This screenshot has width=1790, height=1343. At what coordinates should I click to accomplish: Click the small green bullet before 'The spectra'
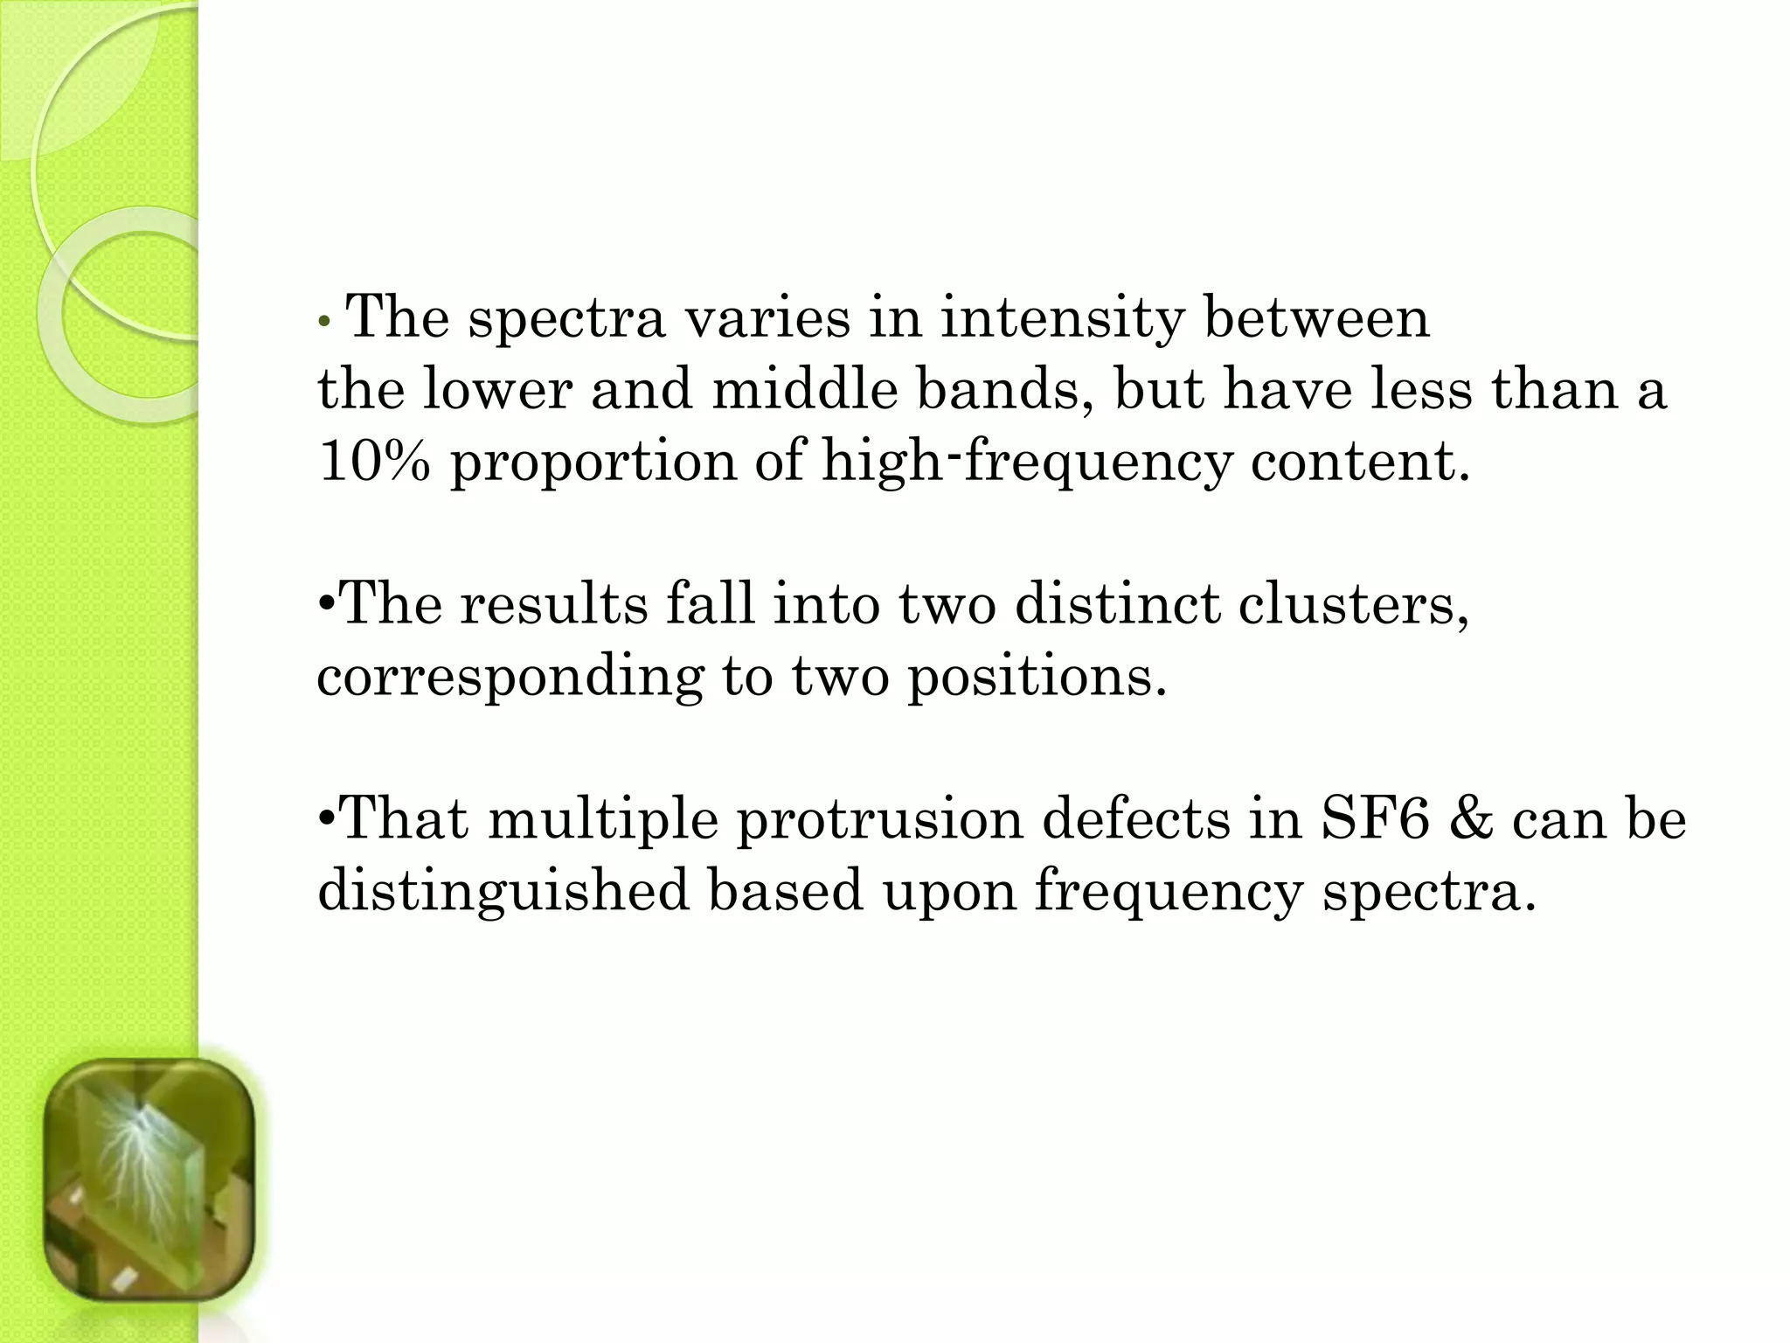[324, 321]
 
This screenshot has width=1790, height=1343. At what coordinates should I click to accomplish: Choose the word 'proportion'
[593, 463]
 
